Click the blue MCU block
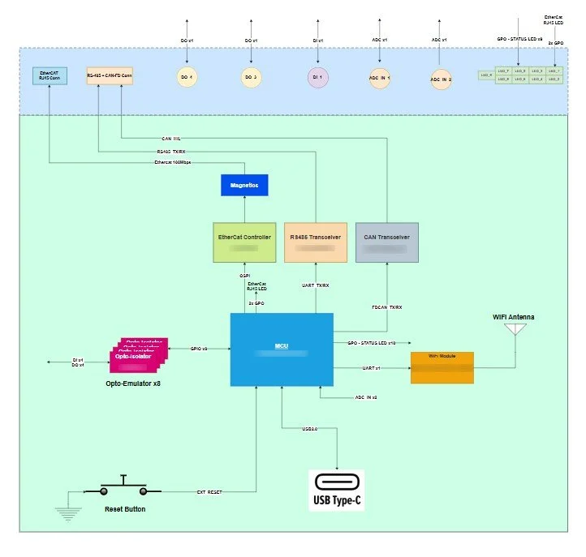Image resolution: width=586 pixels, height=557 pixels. [281, 349]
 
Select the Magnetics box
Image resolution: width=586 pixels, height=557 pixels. [244, 185]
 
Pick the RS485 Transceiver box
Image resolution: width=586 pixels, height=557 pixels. [316, 242]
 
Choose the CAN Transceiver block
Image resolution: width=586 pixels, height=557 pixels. [386, 242]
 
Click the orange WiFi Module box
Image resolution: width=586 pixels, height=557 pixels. [442, 367]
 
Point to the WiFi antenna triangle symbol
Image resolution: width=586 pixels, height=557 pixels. [515, 330]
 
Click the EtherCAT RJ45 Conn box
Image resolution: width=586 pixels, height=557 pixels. [49, 76]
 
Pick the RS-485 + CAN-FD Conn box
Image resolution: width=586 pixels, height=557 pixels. [110, 76]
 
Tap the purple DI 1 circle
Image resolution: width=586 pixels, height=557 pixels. [317, 77]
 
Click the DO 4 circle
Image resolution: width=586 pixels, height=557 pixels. [187, 77]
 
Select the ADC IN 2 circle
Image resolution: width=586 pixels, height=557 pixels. [440, 79]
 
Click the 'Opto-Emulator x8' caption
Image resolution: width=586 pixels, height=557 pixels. [133, 382]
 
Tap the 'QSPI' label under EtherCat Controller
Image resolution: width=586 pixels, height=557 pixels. [244, 276]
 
